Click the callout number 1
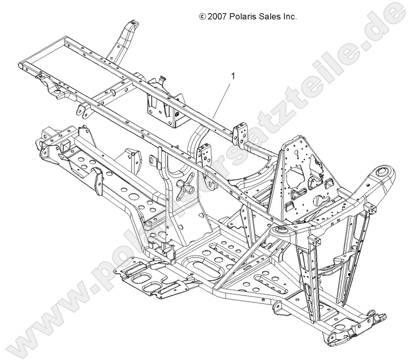click(232, 76)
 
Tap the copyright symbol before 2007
click(202, 17)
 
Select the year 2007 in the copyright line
click(218, 17)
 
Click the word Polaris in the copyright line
click(243, 17)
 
